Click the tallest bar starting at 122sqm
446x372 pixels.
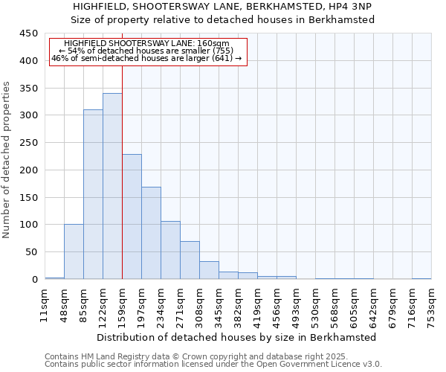[x=112, y=186]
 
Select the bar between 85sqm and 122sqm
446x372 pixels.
[x=93, y=194]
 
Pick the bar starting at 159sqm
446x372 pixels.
[x=132, y=217]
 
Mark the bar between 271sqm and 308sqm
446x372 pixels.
[x=190, y=260]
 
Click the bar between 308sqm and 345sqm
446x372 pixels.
[x=209, y=270]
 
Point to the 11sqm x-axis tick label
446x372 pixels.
[x=45, y=302]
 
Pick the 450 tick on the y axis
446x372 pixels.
[x=29, y=33]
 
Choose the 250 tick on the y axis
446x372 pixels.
[x=29, y=143]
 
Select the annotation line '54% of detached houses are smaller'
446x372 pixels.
[x=146, y=51]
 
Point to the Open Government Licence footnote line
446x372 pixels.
[x=213, y=364]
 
